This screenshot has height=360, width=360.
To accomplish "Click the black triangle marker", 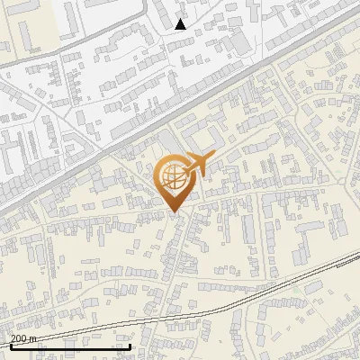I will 180,24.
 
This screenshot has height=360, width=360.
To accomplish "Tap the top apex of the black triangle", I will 180,19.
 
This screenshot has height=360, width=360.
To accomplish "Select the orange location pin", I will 175,181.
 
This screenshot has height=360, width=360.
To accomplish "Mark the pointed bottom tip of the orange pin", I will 175,212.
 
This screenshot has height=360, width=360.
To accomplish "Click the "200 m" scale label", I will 23,338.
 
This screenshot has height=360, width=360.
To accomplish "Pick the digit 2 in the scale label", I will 13,338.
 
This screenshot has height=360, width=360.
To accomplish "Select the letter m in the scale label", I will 34,338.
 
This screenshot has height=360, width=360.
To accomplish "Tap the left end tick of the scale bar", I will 11,346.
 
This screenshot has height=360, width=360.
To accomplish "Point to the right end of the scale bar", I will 130,346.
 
